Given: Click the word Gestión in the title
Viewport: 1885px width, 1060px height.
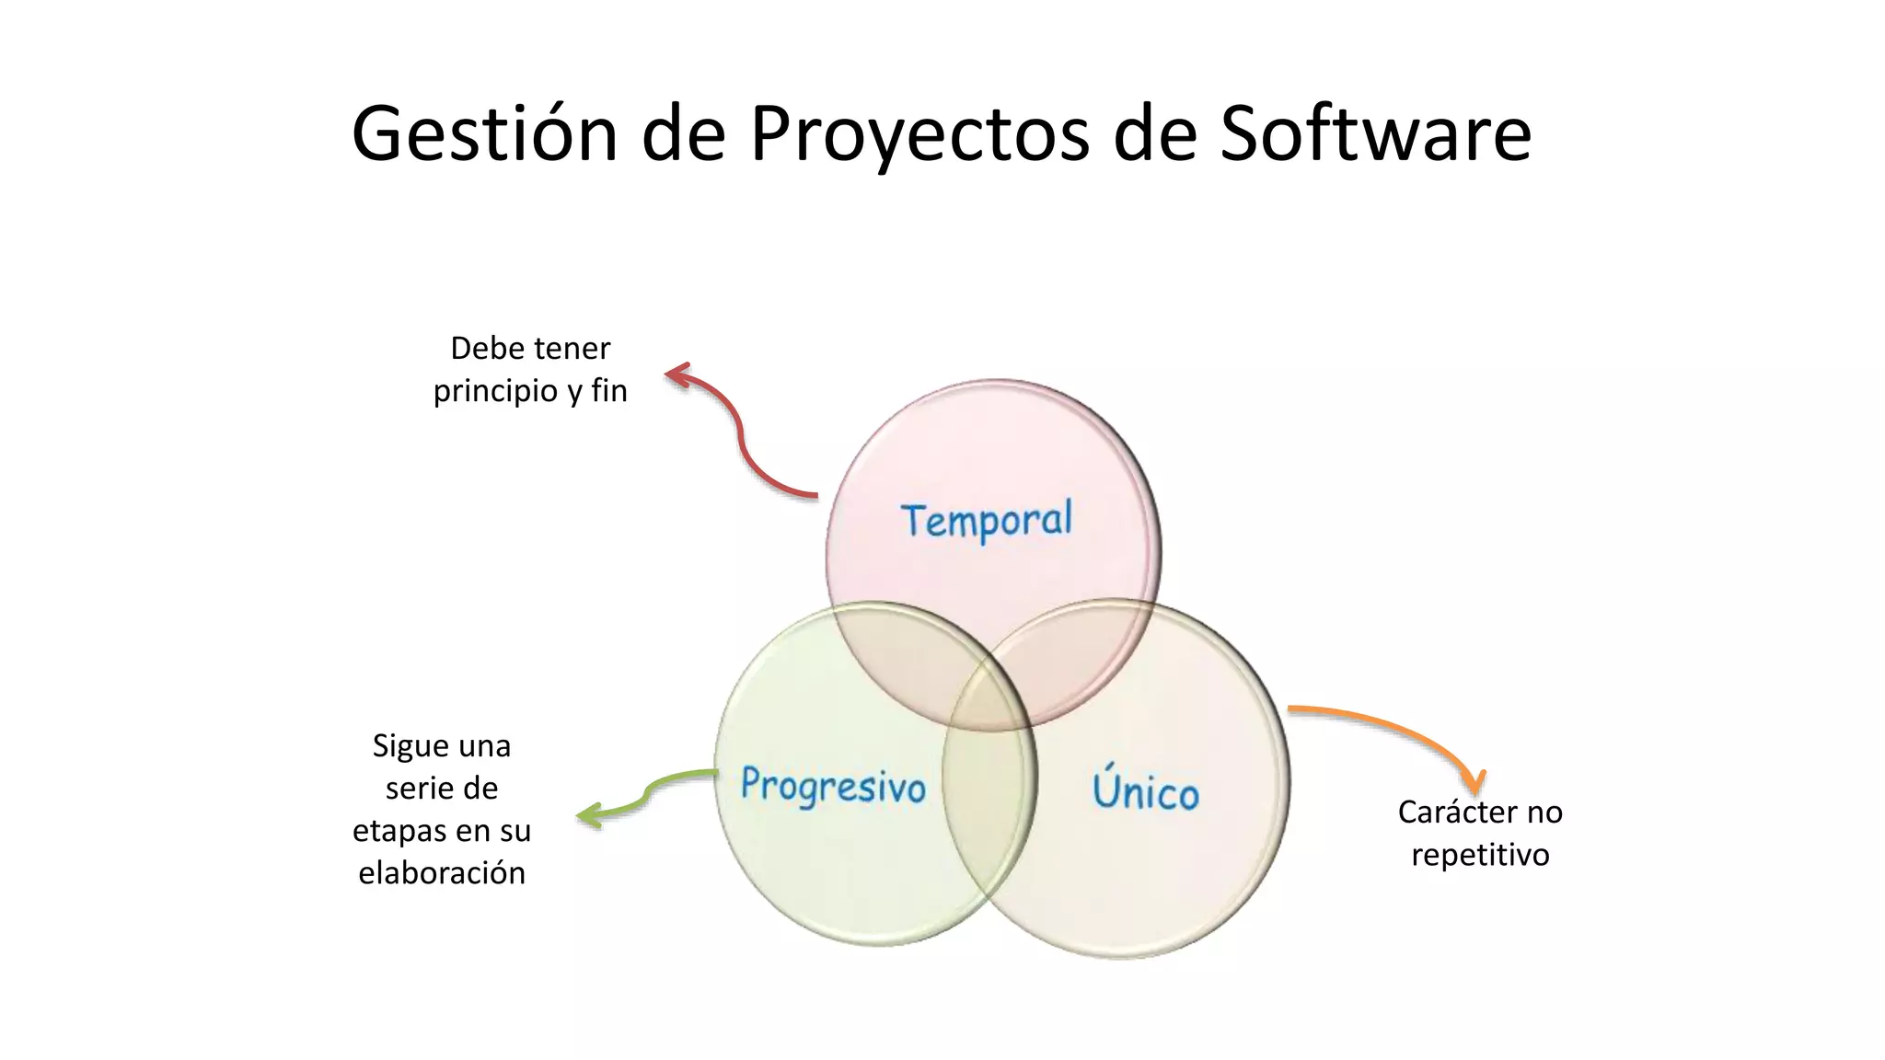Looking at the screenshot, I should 484,134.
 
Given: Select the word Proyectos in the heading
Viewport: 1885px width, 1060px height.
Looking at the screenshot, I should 919,134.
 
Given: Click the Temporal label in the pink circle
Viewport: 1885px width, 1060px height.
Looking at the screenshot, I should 987,521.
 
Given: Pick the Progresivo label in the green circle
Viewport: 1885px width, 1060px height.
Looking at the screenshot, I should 833,786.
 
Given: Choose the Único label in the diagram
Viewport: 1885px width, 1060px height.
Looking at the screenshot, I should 1146,789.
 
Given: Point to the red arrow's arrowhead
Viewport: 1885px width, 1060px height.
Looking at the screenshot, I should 676,374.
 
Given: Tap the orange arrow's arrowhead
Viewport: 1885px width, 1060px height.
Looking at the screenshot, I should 1475,784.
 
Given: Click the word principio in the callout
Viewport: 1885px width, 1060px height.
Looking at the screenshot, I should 495,391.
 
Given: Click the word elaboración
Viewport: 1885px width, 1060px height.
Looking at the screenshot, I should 442,873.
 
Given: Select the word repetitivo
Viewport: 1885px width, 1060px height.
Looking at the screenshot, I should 1480,855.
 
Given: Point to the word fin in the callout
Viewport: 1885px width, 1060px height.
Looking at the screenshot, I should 609,391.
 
